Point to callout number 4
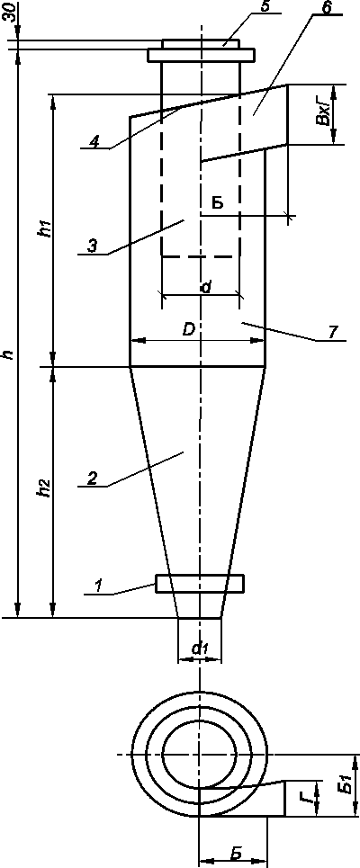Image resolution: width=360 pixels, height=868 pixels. click(94, 142)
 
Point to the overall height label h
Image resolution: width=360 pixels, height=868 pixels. click(9, 354)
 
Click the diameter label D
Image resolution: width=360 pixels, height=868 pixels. click(189, 330)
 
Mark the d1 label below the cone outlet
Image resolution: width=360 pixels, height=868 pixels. click(198, 649)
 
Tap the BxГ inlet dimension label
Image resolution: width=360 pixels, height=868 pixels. click(327, 115)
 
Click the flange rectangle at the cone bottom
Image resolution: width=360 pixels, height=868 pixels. click(200, 584)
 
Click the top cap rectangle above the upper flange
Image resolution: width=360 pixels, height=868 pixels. click(201, 44)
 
